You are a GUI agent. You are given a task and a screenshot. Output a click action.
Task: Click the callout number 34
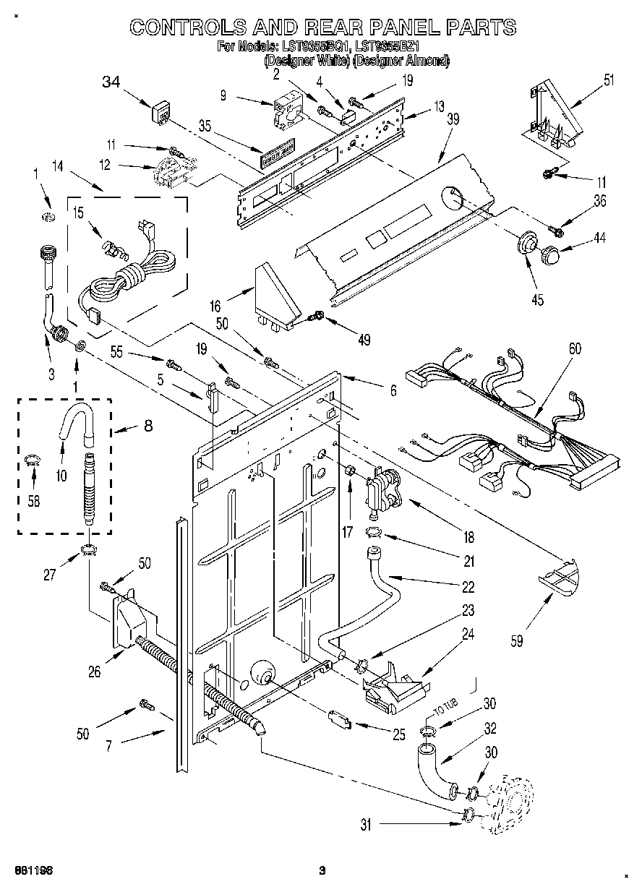[111, 82]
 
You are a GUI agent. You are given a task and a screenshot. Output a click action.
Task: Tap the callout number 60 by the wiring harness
[575, 348]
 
